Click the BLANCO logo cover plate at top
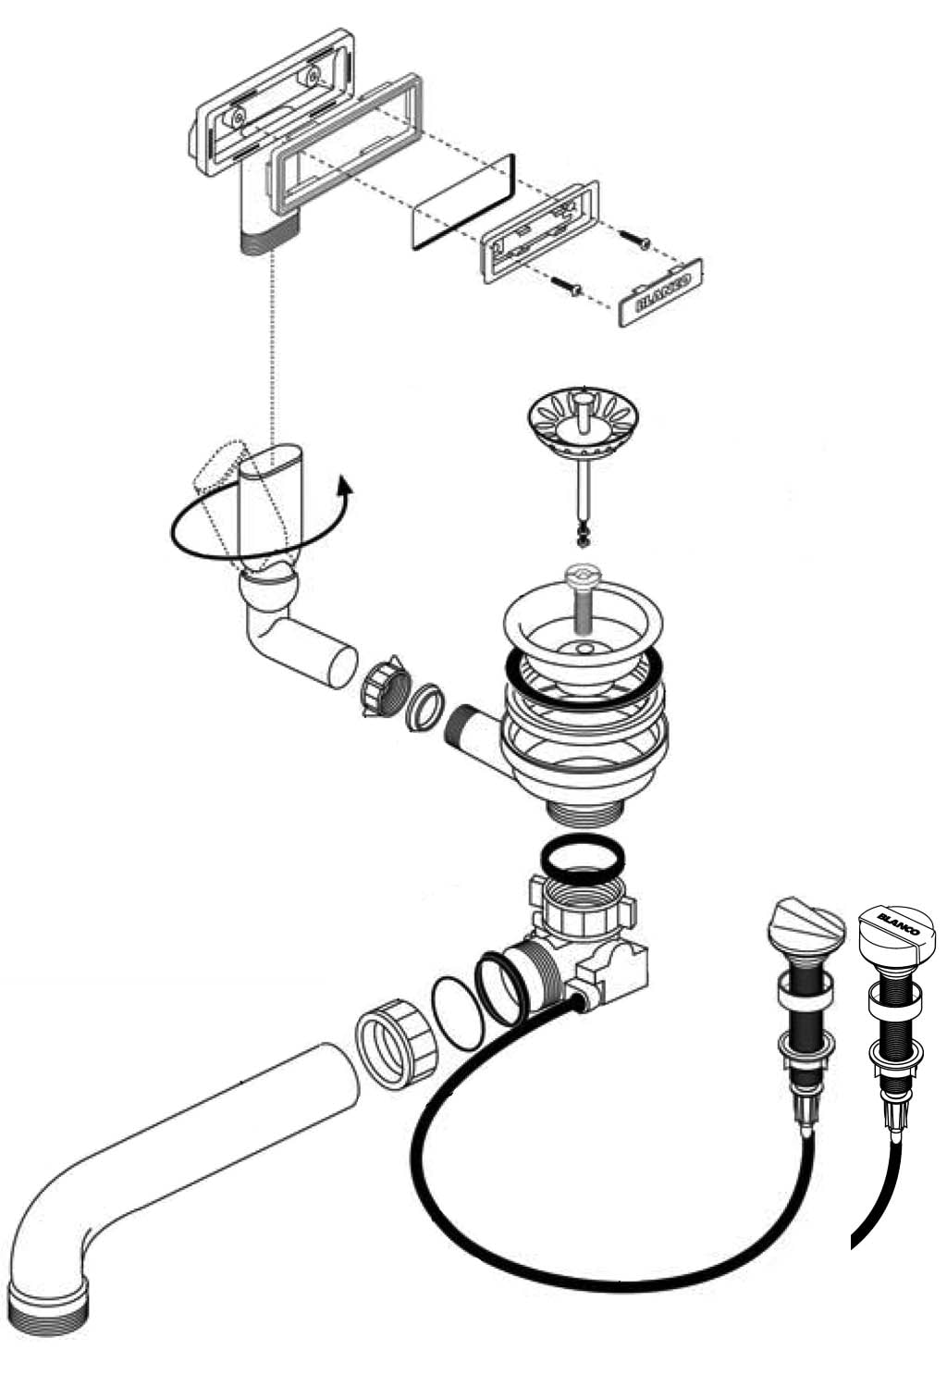660,292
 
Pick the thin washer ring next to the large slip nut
459,1013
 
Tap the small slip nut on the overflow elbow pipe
382,688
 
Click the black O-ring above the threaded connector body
580,856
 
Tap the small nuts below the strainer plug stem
584,534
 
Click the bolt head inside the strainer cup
584,576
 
